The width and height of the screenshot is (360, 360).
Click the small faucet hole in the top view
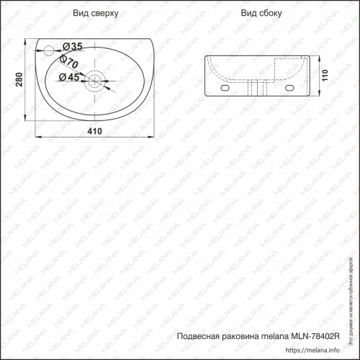48,50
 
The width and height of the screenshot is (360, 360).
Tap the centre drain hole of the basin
94,79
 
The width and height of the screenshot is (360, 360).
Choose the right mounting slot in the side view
292,88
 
